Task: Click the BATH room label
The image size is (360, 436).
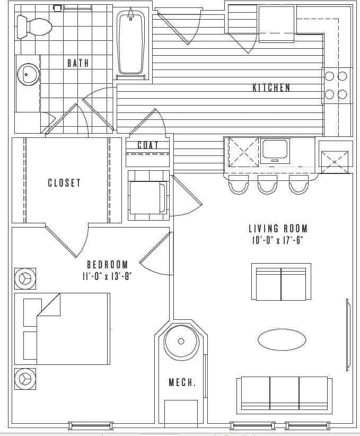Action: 78,63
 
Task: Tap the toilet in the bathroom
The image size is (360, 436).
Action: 33,26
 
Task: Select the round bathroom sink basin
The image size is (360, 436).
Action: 28,74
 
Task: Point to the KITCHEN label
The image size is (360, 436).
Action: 271,88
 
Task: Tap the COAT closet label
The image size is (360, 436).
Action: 148,145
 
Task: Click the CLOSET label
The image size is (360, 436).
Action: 64,183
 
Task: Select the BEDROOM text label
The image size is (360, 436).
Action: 107,264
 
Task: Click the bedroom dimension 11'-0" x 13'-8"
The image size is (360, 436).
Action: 107,276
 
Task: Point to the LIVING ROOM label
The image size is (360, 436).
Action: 278,229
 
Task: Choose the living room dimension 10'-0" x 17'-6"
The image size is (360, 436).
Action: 278,240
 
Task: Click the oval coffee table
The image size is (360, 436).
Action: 282,339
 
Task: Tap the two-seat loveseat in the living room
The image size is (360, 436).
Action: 280,282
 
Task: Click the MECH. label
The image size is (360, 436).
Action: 182,382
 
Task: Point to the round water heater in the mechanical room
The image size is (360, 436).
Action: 181,341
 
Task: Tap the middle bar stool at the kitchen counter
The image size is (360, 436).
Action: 267,186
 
